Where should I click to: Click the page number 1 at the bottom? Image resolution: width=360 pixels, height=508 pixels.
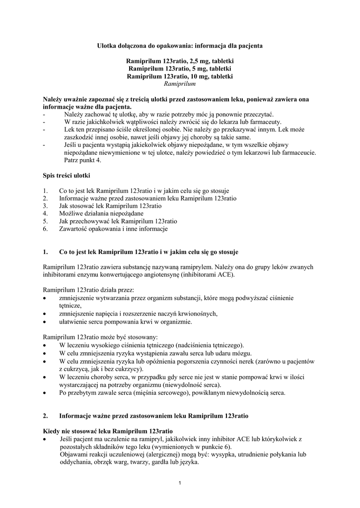tap(180, 484)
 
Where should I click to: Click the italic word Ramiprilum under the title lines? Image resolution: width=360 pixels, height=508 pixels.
tap(180, 84)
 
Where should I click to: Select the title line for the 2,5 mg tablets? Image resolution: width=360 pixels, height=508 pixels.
tap(180, 61)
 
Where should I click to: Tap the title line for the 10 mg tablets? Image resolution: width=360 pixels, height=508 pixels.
tap(180, 76)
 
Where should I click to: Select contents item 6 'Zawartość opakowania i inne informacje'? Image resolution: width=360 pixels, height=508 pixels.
tap(113, 229)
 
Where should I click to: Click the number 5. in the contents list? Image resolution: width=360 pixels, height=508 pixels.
tap(46, 221)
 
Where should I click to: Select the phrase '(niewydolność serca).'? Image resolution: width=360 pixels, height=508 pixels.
tap(191, 384)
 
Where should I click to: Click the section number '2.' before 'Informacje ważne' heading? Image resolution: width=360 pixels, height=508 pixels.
tap(46, 415)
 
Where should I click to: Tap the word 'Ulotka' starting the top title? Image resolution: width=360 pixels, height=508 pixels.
tap(106, 45)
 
